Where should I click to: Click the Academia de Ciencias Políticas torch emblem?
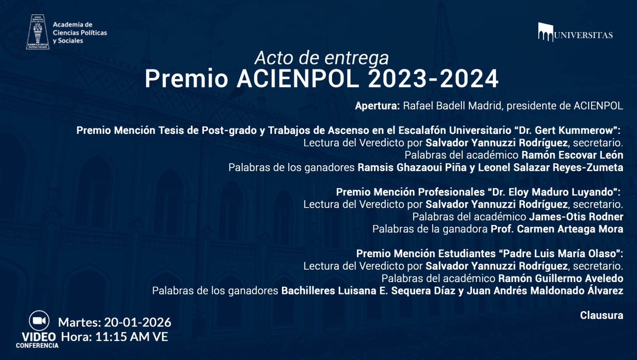(38, 32)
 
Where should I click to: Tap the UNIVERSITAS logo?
(575, 33)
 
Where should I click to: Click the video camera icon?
(39, 321)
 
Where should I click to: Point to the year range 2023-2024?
(433, 78)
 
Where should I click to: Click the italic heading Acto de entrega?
(322, 58)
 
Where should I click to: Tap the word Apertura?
(377, 106)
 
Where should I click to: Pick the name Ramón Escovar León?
(572, 155)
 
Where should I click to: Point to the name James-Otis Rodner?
(576, 217)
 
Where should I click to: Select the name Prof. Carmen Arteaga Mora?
(557, 229)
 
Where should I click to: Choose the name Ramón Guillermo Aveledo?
(561, 278)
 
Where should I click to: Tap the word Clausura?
(601, 315)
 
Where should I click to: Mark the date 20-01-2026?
(137, 322)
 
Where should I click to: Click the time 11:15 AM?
(122, 337)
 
